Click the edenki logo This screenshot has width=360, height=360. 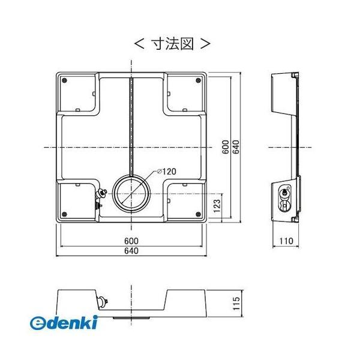[63, 323]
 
